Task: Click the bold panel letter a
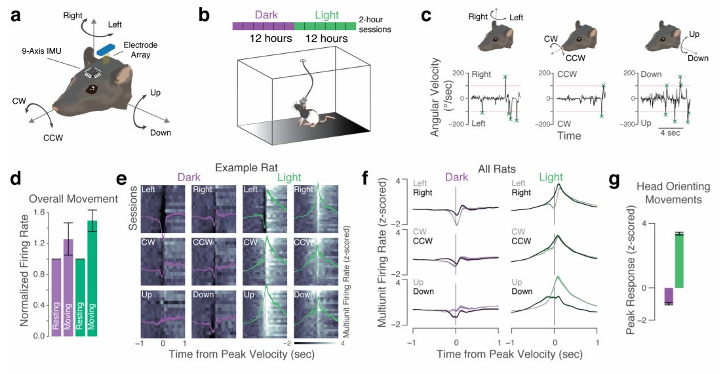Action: (x=16, y=15)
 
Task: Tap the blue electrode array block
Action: (x=106, y=48)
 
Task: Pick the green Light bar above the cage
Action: (x=325, y=26)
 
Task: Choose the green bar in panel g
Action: (x=678, y=260)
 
